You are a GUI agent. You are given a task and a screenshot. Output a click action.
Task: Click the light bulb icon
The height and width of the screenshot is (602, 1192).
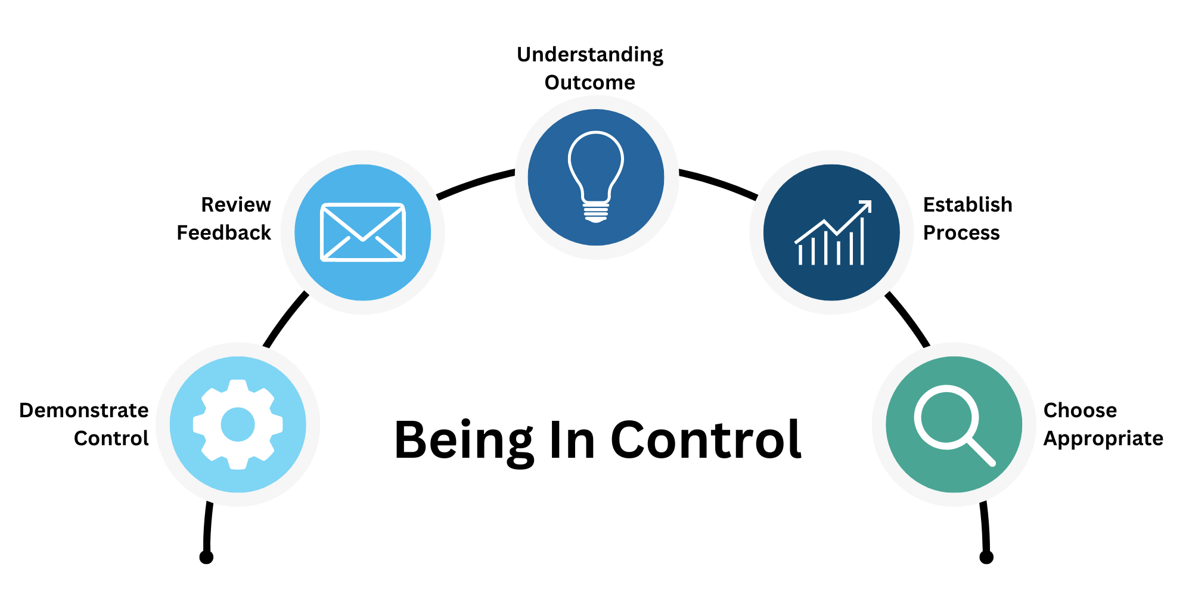click(x=596, y=177)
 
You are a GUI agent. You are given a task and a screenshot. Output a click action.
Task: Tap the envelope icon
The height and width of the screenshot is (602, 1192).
click(x=363, y=232)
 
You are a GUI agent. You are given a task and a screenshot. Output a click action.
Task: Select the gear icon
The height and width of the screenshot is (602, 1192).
click(x=238, y=424)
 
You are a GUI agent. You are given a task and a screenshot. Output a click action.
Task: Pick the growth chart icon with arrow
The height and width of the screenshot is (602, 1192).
click(x=833, y=232)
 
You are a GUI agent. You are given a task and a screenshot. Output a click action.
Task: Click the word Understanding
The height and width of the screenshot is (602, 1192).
click(x=590, y=55)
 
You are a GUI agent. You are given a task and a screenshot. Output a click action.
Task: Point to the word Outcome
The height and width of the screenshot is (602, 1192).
click(x=590, y=82)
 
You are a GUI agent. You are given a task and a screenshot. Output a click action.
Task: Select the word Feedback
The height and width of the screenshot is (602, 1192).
click(x=224, y=232)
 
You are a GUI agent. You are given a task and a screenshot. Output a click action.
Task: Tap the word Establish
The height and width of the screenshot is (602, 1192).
click(x=968, y=204)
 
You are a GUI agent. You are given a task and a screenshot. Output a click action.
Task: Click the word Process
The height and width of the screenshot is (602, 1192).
click(x=961, y=232)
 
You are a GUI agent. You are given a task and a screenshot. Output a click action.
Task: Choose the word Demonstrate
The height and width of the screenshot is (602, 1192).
click(x=84, y=410)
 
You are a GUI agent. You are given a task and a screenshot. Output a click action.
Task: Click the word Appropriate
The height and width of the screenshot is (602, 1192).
click(x=1103, y=439)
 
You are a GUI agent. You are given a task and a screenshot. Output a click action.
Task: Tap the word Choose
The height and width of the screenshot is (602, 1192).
click(x=1080, y=410)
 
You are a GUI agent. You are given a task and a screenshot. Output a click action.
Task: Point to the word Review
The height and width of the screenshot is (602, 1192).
click(x=236, y=204)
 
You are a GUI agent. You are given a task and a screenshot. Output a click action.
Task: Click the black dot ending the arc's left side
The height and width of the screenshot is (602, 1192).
click(x=206, y=557)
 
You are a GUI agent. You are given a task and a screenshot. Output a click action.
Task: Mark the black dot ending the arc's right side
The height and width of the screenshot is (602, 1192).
click(x=986, y=557)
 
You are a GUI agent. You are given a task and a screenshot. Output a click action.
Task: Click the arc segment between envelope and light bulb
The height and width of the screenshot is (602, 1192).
click(x=475, y=182)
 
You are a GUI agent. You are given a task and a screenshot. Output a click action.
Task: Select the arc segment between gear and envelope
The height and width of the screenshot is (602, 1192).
click(x=285, y=318)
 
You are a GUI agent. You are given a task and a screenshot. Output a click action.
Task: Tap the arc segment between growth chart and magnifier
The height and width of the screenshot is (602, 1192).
click(x=907, y=318)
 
